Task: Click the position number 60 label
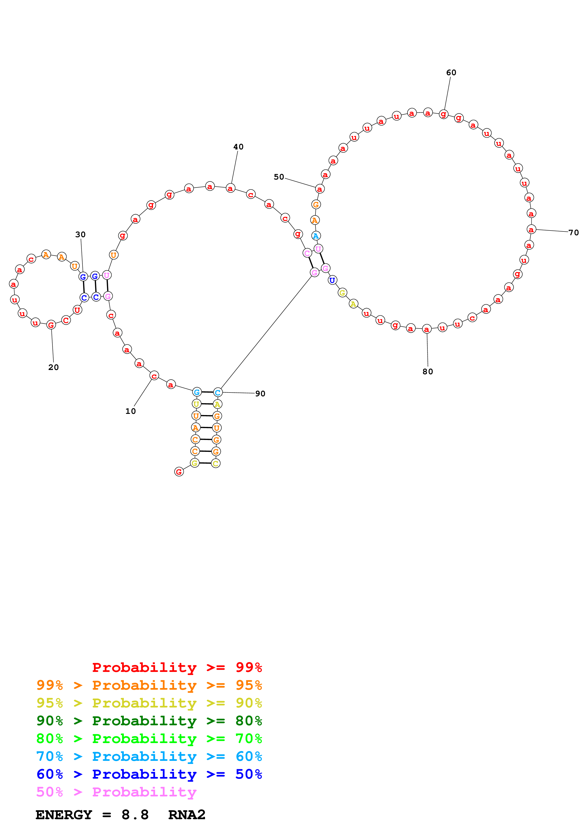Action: (x=451, y=73)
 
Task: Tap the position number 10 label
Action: (x=130, y=411)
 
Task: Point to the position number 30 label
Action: (x=80, y=235)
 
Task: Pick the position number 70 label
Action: (x=574, y=233)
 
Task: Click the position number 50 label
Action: (x=279, y=177)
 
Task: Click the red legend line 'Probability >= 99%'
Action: (x=177, y=667)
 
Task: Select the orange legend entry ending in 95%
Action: (x=149, y=685)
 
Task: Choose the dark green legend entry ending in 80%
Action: (x=149, y=721)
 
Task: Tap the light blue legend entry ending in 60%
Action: (x=149, y=756)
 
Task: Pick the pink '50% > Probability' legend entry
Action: (x=116, y=792)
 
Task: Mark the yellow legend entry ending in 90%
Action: (x=149, y=703)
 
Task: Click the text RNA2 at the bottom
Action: (x=187, y=815)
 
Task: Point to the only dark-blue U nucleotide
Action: (x=332, y=280)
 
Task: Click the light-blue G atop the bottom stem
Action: (x=197, y=392)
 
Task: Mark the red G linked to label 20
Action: (x=51, y=325)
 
